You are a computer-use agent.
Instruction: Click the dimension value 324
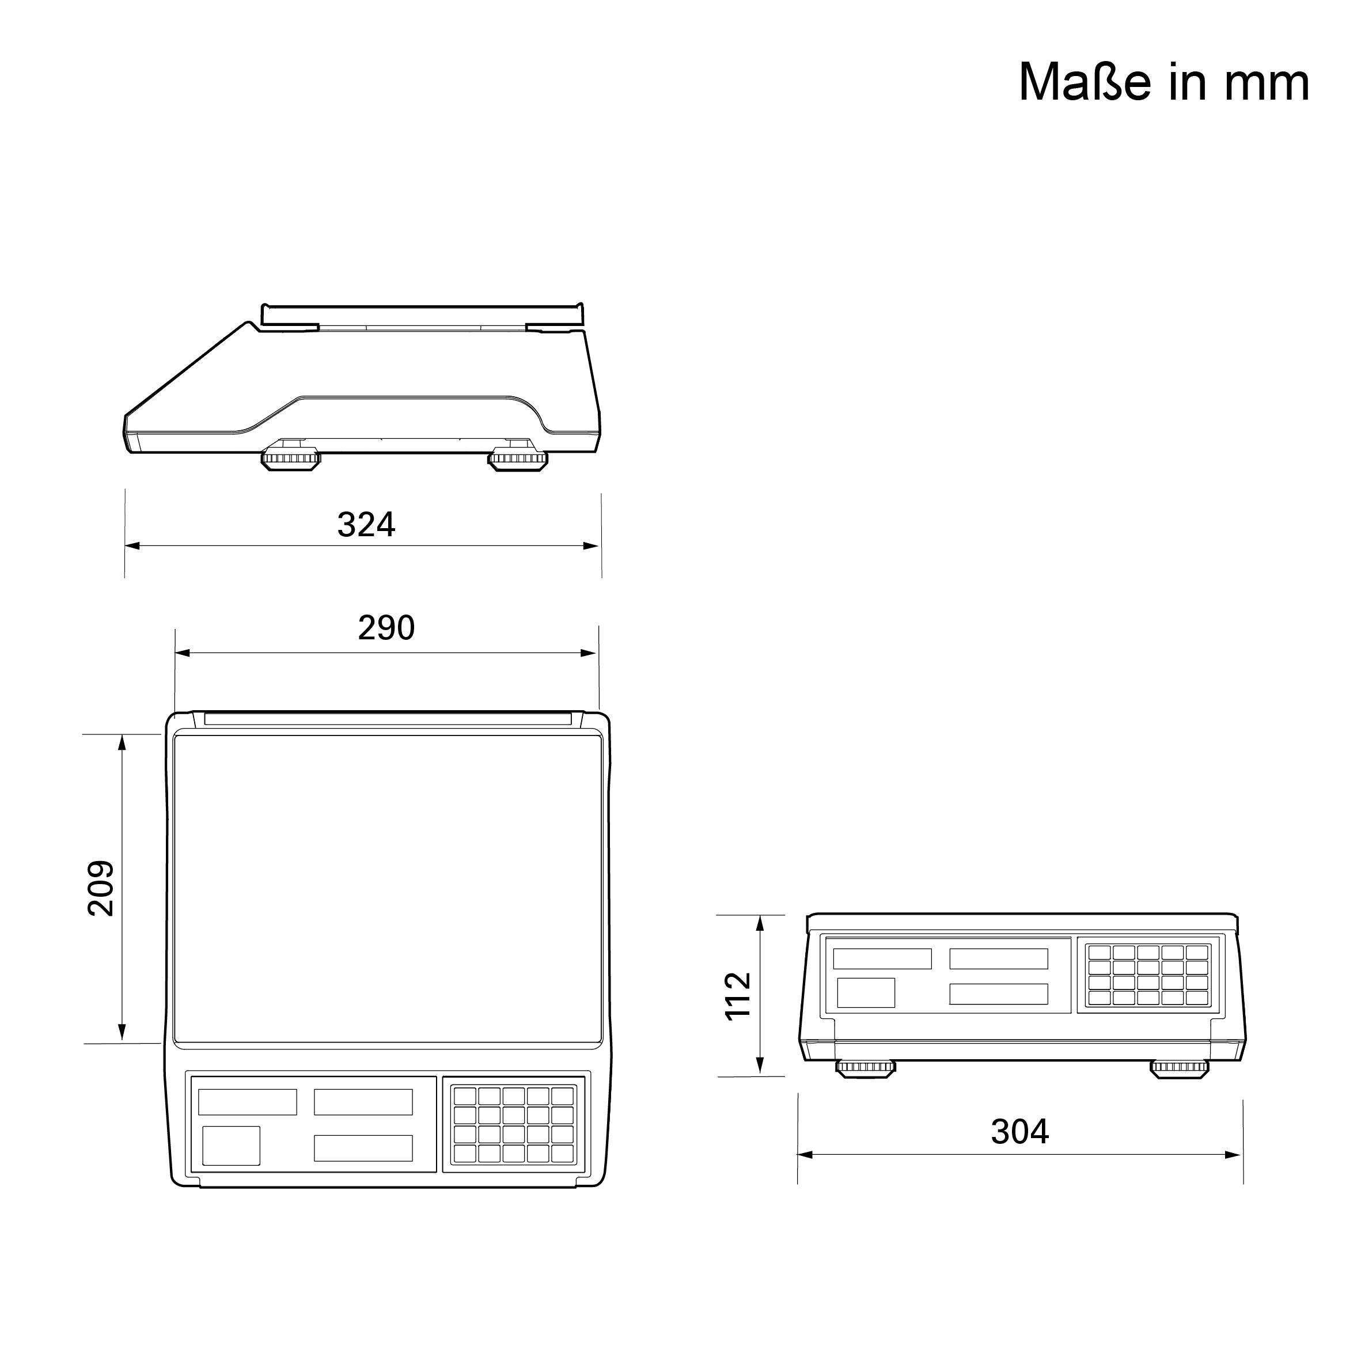(x=366, y=525)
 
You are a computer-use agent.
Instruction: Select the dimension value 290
(x=386, y=628)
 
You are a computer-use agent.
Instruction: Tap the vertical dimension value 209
(x=101, y=888)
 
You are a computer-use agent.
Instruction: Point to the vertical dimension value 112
(x=738, y=996)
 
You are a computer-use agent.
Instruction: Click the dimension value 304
(x=1019, y=1132)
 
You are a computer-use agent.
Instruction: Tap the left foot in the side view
(x=291, y=459)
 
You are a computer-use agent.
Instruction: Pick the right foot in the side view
(x=518, y=459)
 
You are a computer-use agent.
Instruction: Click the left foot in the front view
(x=866, y=1067)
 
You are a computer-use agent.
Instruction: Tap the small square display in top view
(x=231, y=1146)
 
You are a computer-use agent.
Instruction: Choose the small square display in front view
(x=865, y=992)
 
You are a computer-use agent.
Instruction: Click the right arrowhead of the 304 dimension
(x=1234, y=1155)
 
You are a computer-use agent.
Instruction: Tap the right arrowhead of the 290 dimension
(x=590, y=653)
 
